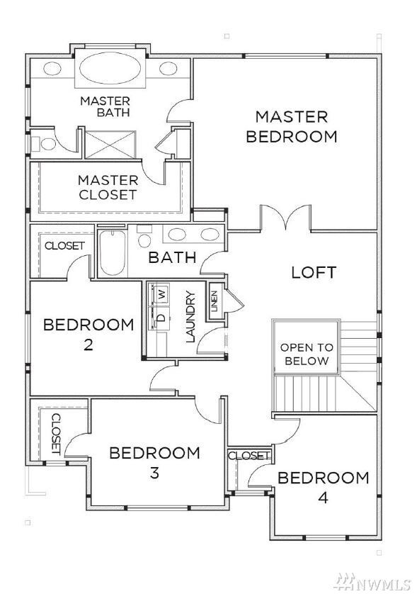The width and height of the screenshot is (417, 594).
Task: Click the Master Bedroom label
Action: [291, 126]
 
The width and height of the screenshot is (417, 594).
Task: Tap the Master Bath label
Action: [105, 106]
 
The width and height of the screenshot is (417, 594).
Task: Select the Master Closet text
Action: [108, 187]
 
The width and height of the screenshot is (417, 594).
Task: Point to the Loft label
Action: [314, 272]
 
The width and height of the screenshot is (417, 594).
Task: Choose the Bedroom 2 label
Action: [88, 335]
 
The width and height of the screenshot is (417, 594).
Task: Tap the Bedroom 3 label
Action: [154, 462]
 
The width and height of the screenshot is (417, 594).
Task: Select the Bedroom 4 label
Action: [323, 486]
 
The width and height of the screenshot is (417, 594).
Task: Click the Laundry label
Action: [190, 316]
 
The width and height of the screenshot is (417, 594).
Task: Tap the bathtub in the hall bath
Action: [112, 254]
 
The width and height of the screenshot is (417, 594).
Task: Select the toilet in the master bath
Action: [45, 144]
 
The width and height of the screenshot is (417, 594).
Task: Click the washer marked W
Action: [161, 293]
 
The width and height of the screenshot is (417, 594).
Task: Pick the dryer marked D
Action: [161, 317]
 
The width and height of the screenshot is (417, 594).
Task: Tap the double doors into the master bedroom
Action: [285, 218]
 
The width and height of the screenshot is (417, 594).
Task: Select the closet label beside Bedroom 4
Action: [249, 455]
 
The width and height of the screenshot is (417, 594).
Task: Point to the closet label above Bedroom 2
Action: [64, 246]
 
